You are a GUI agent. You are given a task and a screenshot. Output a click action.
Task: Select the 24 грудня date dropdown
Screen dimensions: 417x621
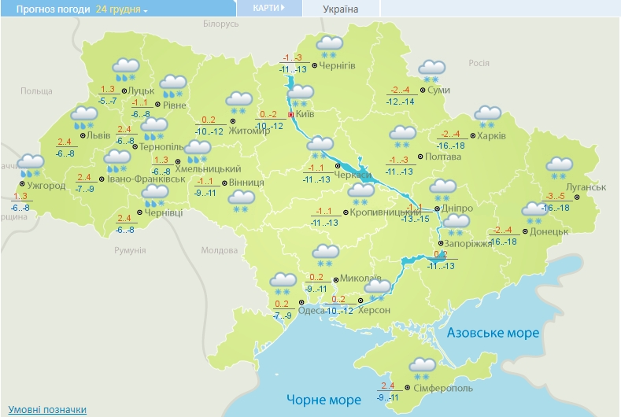tap(122, 9)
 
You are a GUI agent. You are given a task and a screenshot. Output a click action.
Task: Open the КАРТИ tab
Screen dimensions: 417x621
tap(268, 8)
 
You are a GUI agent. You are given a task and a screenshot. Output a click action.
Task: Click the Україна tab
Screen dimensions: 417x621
tap(341, 9)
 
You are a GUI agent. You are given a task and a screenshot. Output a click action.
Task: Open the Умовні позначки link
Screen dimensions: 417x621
tap(47, 410)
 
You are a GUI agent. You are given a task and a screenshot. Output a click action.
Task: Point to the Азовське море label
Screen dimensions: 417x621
tap(493, 333)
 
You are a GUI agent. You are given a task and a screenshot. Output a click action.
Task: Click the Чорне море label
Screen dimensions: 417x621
tap(323, 399)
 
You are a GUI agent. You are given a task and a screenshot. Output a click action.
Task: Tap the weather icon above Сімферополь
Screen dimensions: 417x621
tap(423, 365)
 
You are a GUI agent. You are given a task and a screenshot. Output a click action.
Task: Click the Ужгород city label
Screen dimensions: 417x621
tap(46, 185)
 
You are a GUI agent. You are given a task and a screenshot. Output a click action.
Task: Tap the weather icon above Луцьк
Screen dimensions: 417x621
tap(125, 68)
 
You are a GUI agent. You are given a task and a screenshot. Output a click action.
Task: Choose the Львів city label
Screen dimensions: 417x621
tap(98, 135)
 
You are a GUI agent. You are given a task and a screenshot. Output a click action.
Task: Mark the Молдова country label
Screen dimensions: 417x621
tap(219, 250)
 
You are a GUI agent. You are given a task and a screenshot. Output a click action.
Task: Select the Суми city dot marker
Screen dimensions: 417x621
tap(423, 90)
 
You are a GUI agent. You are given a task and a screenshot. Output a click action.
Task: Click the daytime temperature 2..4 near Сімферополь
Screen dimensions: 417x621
tap(386, 386)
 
